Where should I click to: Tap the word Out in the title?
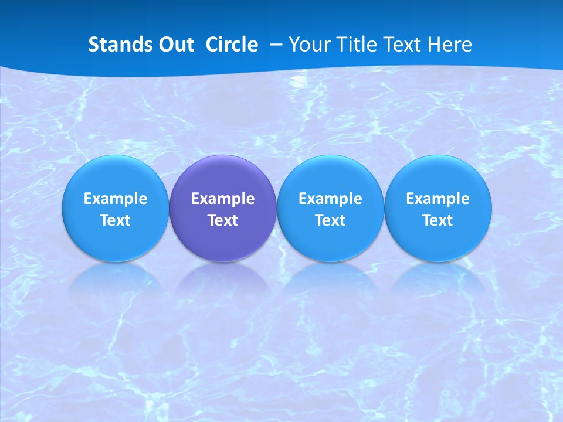click(x=174, y=45)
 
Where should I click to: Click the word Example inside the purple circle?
click(x=223, y=199)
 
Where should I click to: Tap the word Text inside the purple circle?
click(x=223, y=220)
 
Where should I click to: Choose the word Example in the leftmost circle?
click(x=116, y=199)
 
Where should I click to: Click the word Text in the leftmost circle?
click(x=116, y=220)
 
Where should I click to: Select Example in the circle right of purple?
click(x=330, y=199)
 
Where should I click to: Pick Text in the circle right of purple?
click(x=330, y=220)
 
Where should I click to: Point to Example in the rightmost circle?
click(x=437, y=199)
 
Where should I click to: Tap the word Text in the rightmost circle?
click(x=437, y=220)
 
